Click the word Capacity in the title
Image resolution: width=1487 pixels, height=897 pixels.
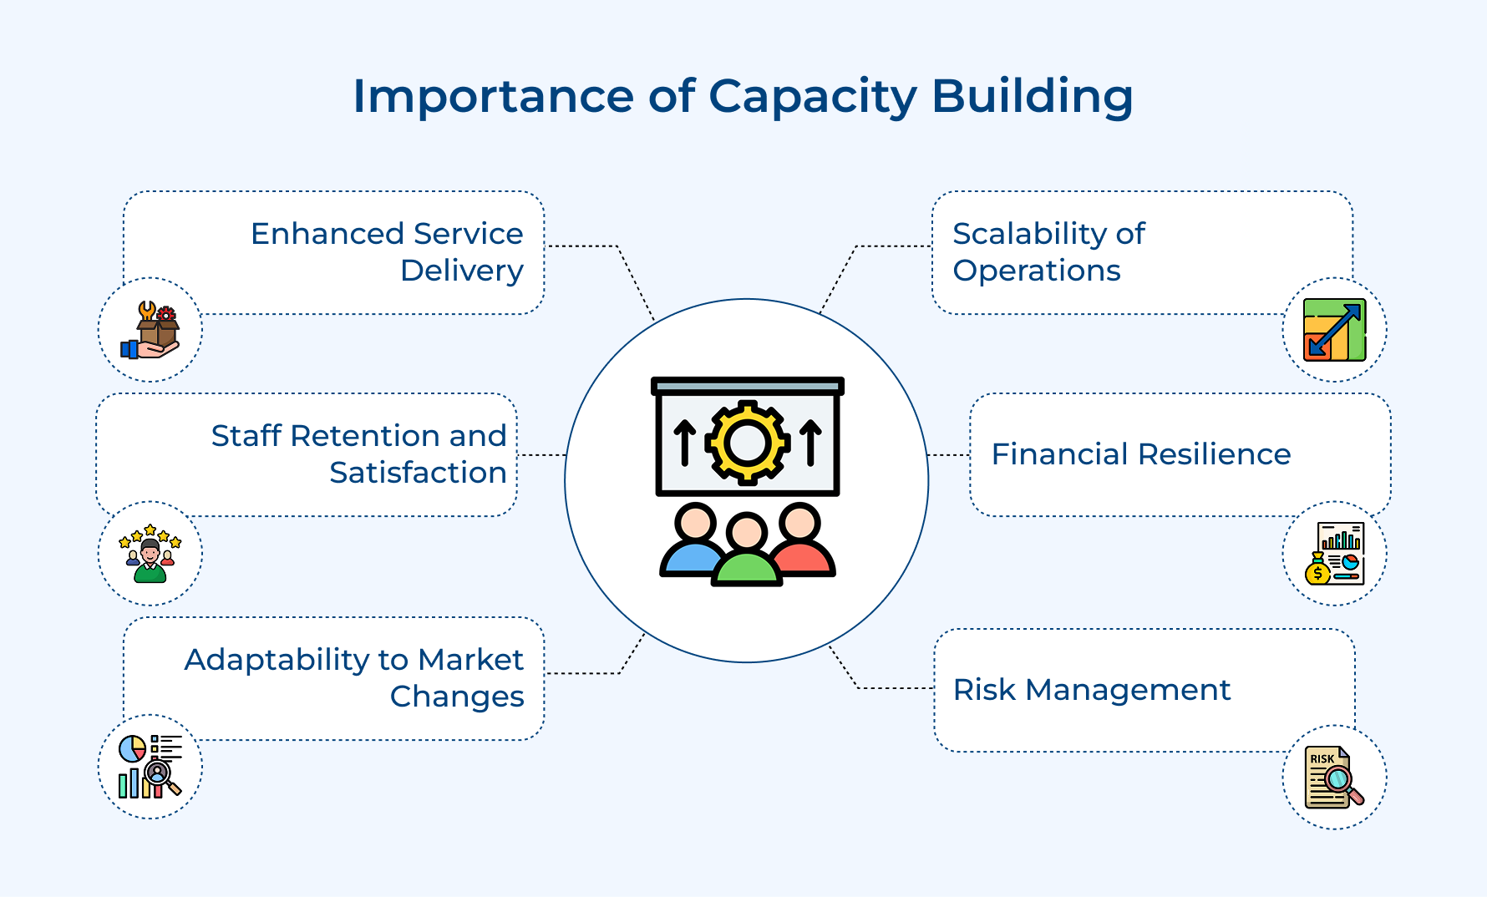coord(812,97)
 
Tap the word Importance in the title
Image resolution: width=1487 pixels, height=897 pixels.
coord(493,97)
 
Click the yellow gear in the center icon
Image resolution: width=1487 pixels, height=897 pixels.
coord(747,442)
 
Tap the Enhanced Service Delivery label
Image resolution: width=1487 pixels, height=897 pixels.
coord(387,251)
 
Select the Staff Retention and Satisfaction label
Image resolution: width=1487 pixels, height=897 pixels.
coord(359,454)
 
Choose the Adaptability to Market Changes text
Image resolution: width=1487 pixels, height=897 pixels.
coord(354,677)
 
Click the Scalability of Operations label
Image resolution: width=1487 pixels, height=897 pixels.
coord(1048,251)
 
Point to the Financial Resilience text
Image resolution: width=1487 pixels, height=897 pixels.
coord(1140,454)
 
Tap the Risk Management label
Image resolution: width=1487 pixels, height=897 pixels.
coord(1091,690)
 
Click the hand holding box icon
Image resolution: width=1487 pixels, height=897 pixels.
coord(151,331)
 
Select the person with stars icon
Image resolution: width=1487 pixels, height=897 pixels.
coord(150,554)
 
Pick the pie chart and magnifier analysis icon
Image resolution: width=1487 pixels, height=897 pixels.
coord(150,767)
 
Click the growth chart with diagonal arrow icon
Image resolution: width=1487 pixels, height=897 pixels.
coord(1334,330)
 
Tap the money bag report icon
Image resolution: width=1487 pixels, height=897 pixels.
coord(1334,553)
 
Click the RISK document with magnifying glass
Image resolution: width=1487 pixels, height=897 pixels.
coord(1334,778)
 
